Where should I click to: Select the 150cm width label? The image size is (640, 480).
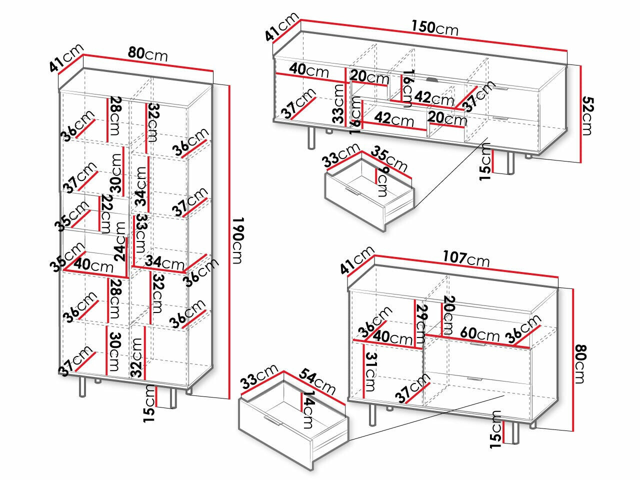click(x=434, y=27)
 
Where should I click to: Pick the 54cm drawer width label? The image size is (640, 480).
click(x=317, y=380)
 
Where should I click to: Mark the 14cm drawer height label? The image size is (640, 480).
click(x=309, y=410)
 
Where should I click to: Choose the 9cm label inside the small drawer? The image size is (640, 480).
click(x=383, y=182)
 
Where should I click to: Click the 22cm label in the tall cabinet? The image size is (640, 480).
click(x=105, y=214)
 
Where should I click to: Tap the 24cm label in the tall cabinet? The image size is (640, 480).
click(x=120, y=241)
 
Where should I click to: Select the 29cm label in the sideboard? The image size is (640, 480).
click(x=421, y=320)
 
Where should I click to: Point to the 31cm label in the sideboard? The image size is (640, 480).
click(x=369, y=370)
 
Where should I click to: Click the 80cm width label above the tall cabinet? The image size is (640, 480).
click(x=147, y=53)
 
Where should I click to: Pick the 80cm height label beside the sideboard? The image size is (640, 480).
click(x=579, y=362)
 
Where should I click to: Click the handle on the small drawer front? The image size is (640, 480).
click(x=352, y=193)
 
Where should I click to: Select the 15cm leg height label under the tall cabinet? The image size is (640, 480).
click(x=148, y=402)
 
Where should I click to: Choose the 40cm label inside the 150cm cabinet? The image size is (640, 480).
click(x=310, y=70)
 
